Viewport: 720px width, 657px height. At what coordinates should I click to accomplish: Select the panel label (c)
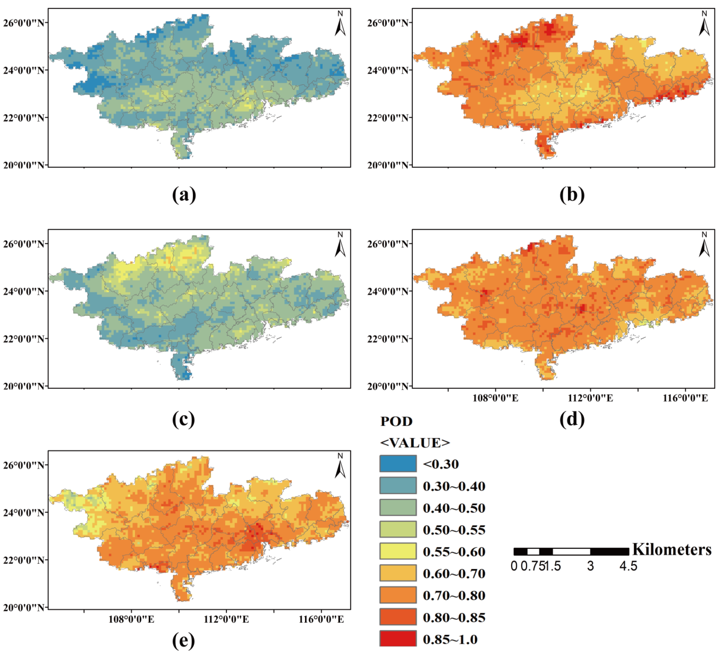(184, 419)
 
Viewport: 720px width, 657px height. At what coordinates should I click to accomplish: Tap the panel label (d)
(572, 419)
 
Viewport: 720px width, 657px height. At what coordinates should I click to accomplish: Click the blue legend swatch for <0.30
(398, 464)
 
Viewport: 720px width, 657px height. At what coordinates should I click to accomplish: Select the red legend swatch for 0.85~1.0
(398, 639)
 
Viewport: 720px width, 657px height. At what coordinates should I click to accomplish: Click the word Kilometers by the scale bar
(672, 549)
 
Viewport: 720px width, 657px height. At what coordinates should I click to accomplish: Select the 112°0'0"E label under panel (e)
(226, 619)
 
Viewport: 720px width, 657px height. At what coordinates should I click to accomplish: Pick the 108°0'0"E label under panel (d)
(495, 398)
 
